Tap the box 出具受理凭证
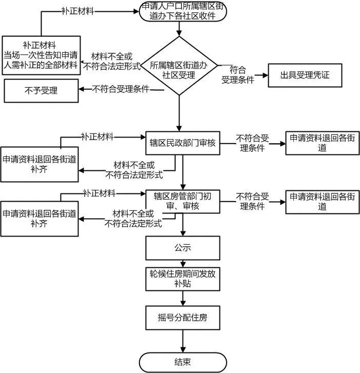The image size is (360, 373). (x=304, y=75)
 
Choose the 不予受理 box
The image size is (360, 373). (x=41, y=91)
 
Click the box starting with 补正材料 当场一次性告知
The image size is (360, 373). (x=41, y=55)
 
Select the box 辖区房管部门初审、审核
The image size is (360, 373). (x=183, y=201)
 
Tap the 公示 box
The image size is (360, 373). (x=183, y=248)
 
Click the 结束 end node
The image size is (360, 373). (x=183, y=362)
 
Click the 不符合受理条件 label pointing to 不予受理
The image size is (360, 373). (x=121, y=89)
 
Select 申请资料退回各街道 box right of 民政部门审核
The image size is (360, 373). (x=322, y=143)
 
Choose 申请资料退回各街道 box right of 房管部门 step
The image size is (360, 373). (x=322, y=202)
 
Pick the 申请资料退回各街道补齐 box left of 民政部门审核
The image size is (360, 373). (x=40, y=164)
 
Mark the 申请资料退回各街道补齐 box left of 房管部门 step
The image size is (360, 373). (x=40, y=218)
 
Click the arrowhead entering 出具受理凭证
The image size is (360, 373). (x=265, y=75)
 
